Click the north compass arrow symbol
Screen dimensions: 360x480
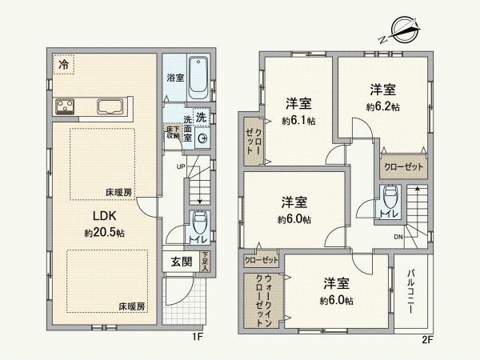[x=399, y=33]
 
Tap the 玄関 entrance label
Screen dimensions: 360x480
[x=182, y=262]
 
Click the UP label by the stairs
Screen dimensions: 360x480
[x=182, y=167]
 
